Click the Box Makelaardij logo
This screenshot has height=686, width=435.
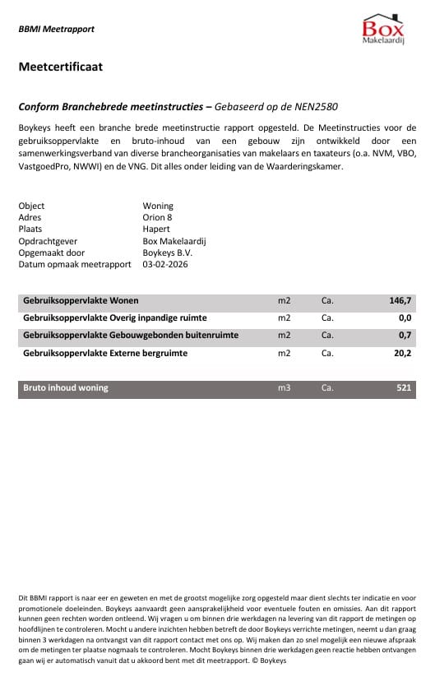[383, 30]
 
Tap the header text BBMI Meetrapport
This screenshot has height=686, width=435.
[56, 29]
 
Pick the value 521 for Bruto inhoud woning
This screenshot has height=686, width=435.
[403, 387]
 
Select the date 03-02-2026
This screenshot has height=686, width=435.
[169, 265]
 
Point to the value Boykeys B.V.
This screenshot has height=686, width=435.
[168, 253]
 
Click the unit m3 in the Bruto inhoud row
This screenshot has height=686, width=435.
[285, 387]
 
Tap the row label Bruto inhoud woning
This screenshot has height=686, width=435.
[66, 387]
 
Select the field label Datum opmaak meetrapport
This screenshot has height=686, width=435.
[75, 265]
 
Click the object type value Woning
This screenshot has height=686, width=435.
[158, 206]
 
